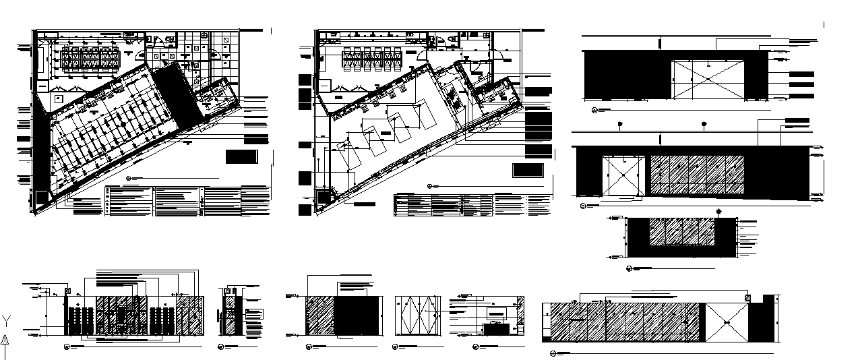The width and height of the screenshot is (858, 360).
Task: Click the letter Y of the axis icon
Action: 5,320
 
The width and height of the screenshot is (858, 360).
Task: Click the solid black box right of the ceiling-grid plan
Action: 242,157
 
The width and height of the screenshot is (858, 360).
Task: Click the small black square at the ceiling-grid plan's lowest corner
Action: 42,196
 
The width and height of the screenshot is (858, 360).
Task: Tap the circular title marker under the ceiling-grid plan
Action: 129,179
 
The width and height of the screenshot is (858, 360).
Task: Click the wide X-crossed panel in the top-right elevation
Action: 708,79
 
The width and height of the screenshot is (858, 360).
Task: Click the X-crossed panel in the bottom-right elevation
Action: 726,324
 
